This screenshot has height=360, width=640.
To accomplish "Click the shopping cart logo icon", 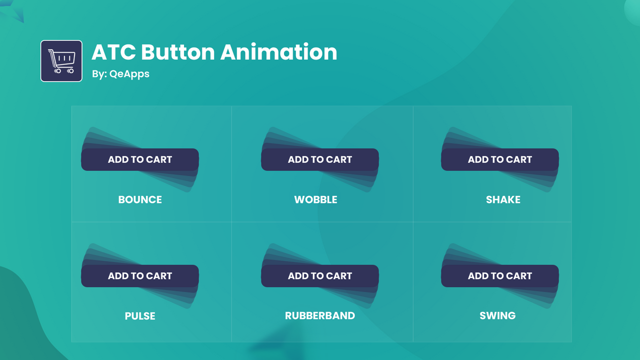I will [61, 61].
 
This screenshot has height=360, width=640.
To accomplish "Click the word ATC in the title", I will [113, 52].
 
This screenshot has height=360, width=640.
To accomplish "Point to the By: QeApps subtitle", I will [120, 74].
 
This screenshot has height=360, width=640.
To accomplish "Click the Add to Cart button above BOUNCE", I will [140, 159].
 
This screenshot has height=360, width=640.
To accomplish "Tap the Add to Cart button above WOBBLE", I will [320, 159].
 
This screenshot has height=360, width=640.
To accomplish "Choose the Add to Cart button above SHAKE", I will [500, 159].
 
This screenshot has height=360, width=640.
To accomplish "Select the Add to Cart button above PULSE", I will [140, 276].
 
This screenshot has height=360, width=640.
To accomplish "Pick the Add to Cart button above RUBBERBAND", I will [320, 276].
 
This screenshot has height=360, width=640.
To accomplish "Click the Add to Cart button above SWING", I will [500, 276].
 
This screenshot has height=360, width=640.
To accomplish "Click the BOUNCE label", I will [140, 199].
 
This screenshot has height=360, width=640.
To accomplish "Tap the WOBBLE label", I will [315, 199].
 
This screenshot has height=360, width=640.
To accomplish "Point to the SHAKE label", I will [503, 199].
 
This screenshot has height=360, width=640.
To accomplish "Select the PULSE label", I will [140, 316].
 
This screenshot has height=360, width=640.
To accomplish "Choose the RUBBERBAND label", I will [320, 315].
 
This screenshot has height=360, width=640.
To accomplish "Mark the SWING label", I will [497, 315].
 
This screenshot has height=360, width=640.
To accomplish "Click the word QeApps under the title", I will [129, 74].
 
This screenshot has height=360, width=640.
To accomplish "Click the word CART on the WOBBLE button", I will [339, 159].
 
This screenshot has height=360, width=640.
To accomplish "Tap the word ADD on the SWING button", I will [478, 276].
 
